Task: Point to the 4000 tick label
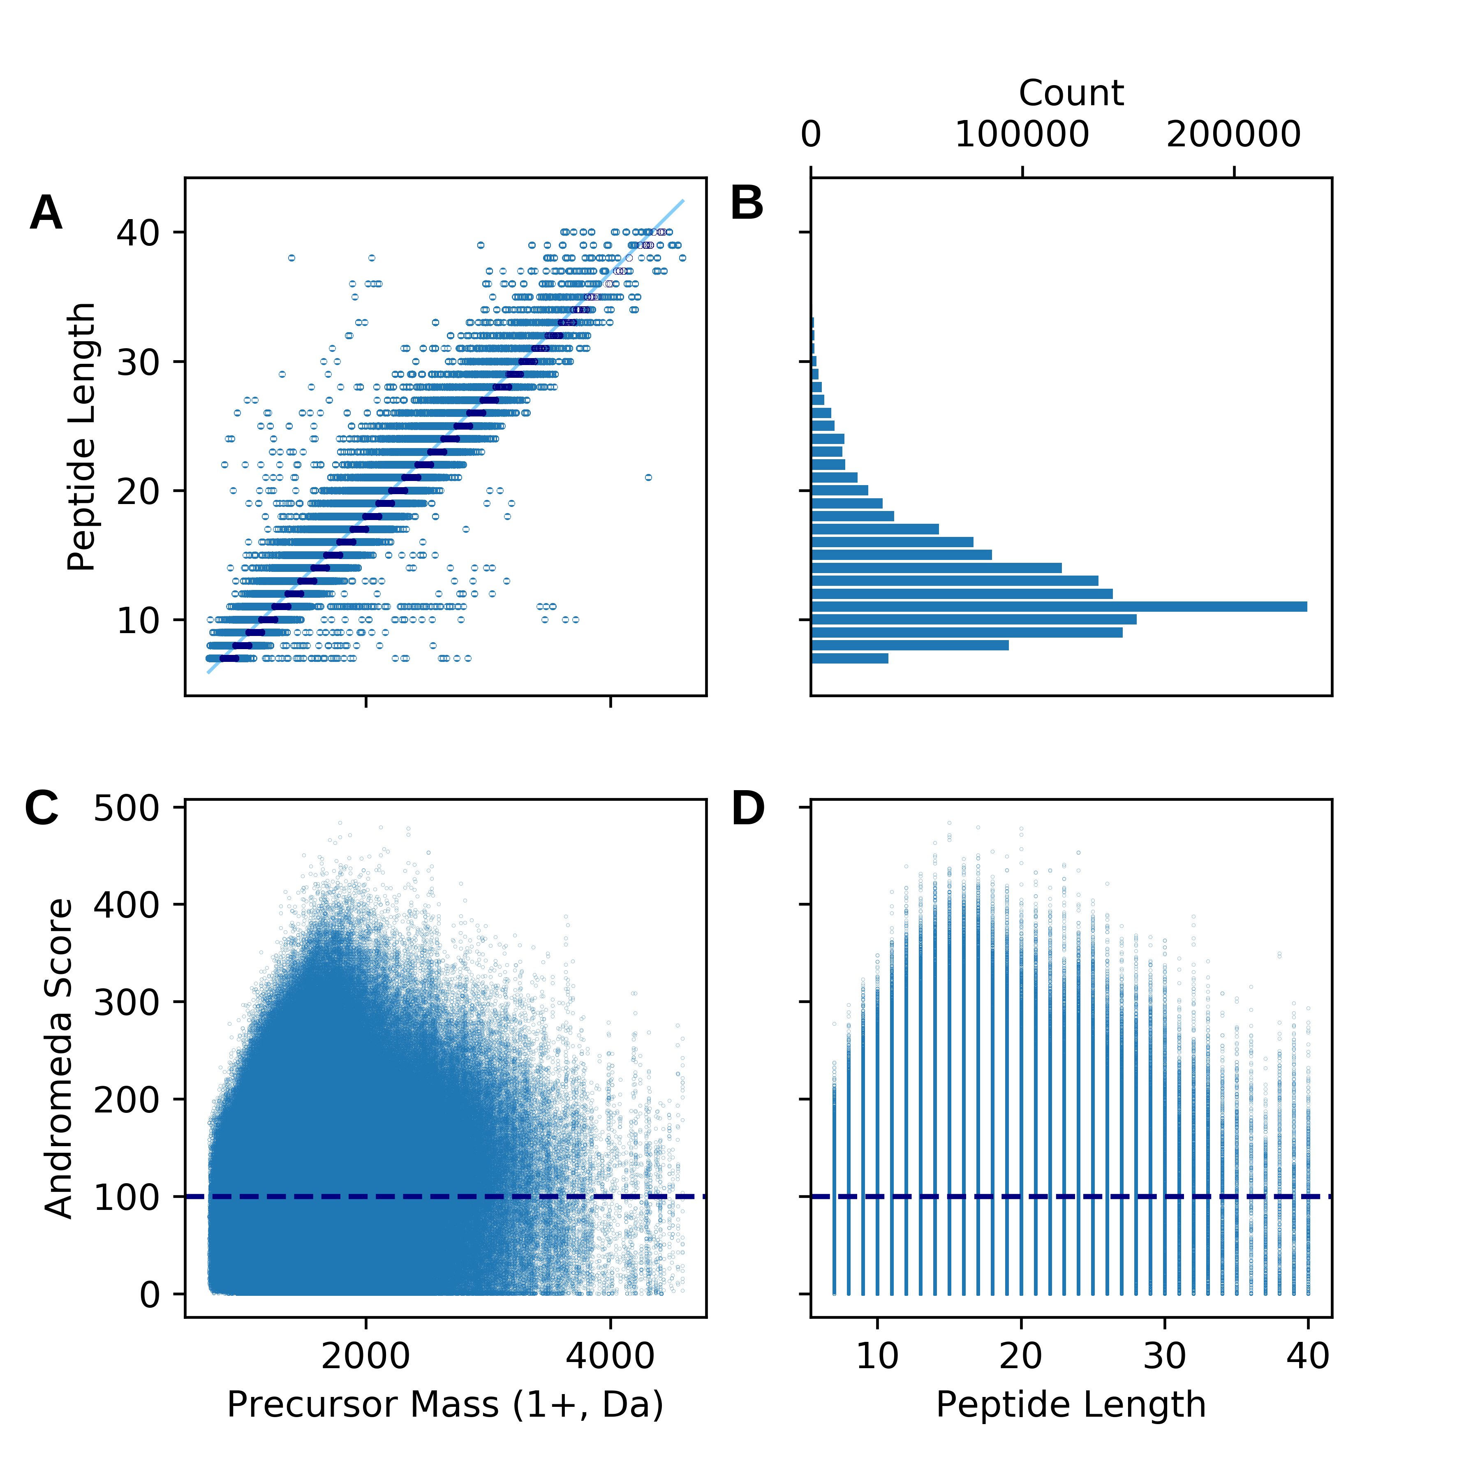click(x=610, y=1356)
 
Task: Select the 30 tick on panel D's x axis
click(x=1164, y=1356)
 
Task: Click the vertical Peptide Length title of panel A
click(x=81, y=437)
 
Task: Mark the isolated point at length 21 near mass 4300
click(x=648, y=477)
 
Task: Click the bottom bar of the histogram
click(x=849, y=658)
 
